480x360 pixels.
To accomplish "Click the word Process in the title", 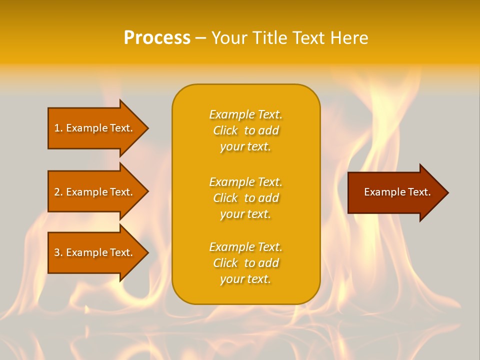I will click(157, 38).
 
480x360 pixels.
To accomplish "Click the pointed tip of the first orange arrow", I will click(146, 128).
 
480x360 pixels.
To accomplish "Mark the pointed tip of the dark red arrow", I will click(446, 192).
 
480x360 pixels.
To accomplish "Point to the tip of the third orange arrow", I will click(146, 252).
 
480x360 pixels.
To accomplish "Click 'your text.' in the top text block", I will click(245, 147).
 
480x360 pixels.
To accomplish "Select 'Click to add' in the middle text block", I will click(245, 198).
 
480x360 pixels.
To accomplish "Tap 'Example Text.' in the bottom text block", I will click(245, 247).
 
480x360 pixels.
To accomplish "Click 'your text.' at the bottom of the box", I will click(245, 279).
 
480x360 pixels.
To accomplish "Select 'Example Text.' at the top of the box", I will click(245, 114).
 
